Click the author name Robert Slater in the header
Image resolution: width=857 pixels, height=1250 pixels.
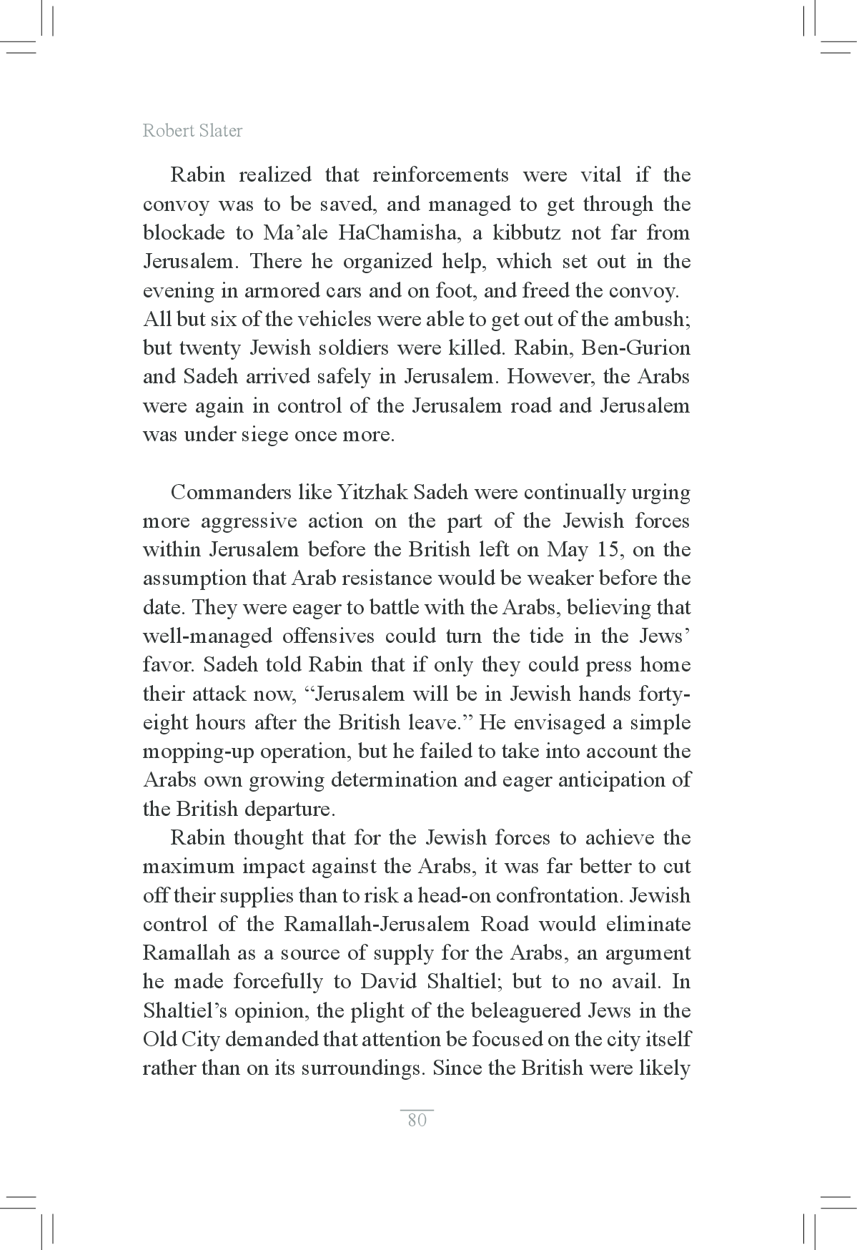192,131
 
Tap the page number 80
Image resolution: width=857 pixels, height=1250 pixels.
417,1120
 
